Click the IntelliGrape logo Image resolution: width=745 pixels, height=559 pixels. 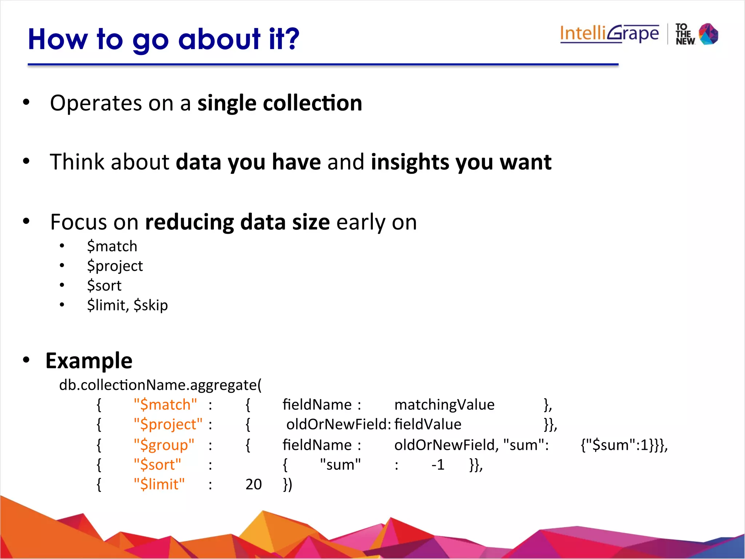tap(609, 34)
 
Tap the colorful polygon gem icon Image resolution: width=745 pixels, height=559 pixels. tap(708, 34)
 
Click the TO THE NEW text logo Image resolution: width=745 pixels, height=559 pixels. tap(685, 34)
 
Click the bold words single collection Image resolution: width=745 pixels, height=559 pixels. tap(279, 103)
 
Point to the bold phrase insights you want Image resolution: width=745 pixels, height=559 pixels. tap(461, 162)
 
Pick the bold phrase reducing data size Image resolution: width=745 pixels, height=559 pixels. tap(237, 222)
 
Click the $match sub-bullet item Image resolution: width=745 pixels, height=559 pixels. tap(112, 246)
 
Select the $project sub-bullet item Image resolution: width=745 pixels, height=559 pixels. tap(115, 266)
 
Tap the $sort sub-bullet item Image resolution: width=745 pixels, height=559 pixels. tap(104, 286)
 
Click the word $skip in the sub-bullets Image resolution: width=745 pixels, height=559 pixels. tap(151, 305)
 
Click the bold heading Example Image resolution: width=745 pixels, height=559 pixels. tap(89, 361)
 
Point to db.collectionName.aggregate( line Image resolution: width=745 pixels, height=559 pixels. tap(160, 385)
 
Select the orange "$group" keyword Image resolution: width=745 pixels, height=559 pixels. tap(164, 445)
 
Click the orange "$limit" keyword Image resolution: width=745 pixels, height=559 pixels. tap(159, 484)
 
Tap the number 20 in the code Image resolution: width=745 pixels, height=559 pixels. tap(254, 484)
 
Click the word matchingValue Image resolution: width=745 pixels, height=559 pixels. tap(444, 405)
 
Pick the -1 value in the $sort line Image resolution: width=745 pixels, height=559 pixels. tap(438, 465)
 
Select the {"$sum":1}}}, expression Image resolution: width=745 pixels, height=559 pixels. tap(624, 445)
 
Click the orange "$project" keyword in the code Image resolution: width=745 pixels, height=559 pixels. tap(168, 425)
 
